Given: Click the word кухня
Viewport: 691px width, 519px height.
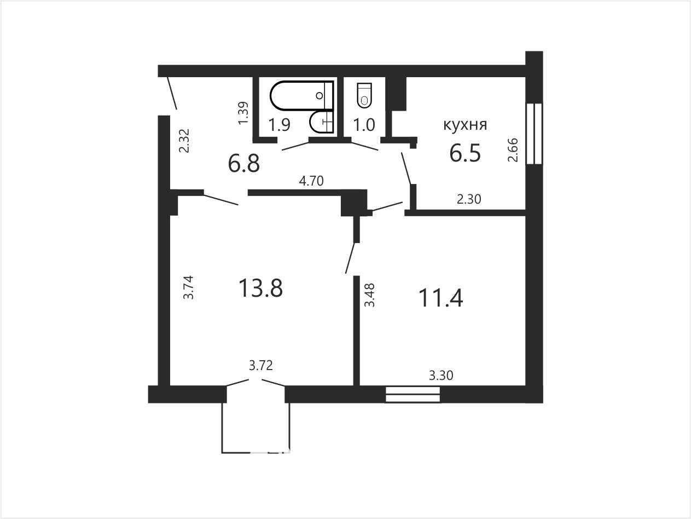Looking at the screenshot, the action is point(465,125).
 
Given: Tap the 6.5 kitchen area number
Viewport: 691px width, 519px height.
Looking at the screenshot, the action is point(465,153).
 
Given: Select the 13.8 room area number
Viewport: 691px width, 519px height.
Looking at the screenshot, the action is point(260,288).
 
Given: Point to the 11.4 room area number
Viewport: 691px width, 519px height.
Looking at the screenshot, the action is point(441,298).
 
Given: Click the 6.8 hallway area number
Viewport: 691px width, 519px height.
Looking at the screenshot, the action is point(244,164).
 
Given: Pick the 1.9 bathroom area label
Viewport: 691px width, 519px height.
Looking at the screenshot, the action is point(279,125).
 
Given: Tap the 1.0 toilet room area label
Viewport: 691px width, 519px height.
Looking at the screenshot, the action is point(364,125).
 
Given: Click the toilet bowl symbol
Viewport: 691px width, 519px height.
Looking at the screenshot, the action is point(364,96).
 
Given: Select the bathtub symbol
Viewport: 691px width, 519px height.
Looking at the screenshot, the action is point(301,95).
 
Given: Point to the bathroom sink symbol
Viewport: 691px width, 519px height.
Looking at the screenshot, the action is point(321,122).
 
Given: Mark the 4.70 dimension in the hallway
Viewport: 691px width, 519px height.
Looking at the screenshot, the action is point(311,181).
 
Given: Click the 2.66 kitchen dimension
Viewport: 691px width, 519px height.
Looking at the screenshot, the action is point(513,150).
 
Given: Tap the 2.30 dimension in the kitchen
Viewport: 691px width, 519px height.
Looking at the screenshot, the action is point(469,199).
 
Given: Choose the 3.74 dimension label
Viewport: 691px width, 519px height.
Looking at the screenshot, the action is point(188,287).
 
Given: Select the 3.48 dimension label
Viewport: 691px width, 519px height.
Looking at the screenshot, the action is point(369,295).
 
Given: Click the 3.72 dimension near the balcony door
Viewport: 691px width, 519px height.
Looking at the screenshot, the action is point(260,366).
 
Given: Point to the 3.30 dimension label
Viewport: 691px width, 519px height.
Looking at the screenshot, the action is point(441,376).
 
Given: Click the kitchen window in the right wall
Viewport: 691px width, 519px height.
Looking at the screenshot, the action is point(534,134).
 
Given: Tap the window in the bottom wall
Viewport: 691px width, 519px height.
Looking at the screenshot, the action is point(413,394).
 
